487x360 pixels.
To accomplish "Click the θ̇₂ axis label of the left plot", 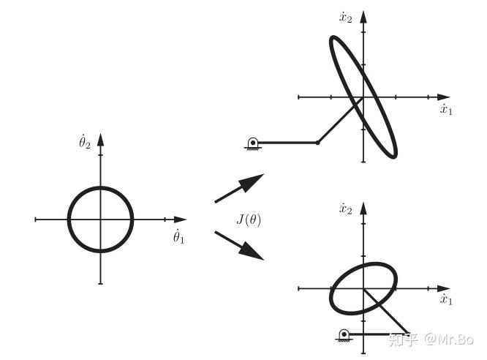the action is (x=85, y=140).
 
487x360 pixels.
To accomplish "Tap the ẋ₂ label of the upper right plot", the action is (x=346, y=18).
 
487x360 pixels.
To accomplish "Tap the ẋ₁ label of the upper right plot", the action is (x=446, y=110).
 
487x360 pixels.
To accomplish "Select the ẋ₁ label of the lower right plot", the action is (x=446, y=299).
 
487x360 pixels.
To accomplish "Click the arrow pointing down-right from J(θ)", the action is (x=240, y=245).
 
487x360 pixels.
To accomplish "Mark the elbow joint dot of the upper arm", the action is (x=317, y=142).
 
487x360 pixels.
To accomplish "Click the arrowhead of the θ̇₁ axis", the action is (x=181, y=219).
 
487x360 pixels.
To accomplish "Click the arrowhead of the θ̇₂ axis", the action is (x=100, y=138).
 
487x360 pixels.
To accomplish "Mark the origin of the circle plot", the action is (x=100, y=219).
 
